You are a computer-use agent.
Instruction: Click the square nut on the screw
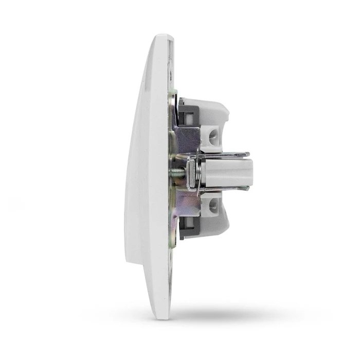click(x=191, y=173)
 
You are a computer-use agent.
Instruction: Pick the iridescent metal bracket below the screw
click(x=186, y=206)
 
